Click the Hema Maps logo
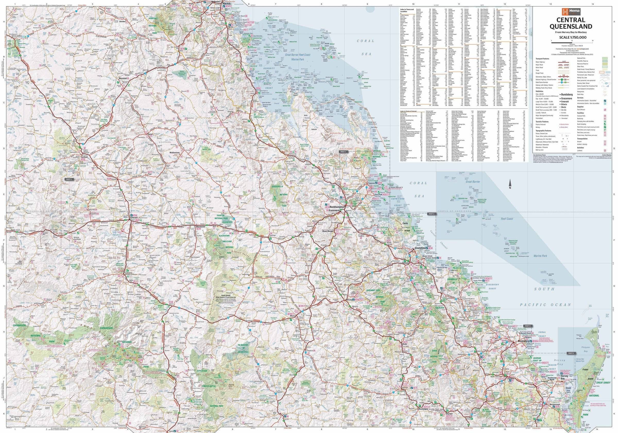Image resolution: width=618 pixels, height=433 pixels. point(571,12)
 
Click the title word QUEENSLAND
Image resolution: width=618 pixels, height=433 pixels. point(571,26)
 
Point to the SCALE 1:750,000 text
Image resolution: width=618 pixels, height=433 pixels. point(571,37)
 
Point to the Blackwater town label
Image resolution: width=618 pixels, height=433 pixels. point(201,227)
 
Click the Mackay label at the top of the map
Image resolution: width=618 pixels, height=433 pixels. point(226,4)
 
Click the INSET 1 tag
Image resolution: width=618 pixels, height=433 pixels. point(343,152)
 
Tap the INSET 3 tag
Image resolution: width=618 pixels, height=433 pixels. point(68,179)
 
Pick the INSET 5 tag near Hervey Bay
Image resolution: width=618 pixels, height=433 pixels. point(571,353)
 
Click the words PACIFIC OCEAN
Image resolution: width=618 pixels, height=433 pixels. point(545,305)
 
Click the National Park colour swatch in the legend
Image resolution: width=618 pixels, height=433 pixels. point(605,58)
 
